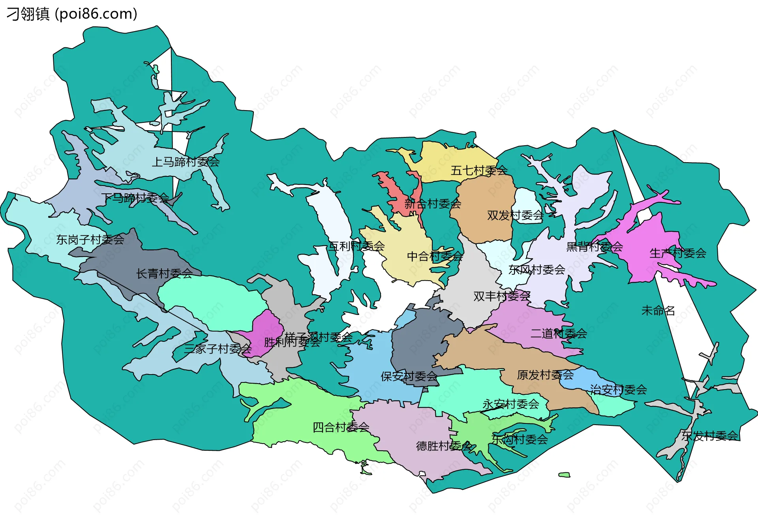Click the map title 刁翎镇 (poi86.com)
[x=72, y=14]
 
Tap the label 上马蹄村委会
[x=186, y=162]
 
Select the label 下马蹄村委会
[x=135, y=198]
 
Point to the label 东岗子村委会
[x=90, y=240]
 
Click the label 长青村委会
[x=164, y=274]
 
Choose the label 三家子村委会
[x=218, y=349]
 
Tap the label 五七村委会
[x=479, y=171]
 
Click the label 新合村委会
[x=433, y=204]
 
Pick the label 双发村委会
[x=515, y=215]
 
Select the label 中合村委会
[x=435, y=257]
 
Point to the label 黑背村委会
[x=595, y=247]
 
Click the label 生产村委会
[x=678, y=253]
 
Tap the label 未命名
[x=658, y=311]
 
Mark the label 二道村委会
[x=559, y=334]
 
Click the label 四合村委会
[x=341, y=427]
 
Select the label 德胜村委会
[x=444, y=446]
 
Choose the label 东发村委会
[x=709, y=436]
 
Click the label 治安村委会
[x=618, y=390]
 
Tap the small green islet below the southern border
[x=565, y=475]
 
